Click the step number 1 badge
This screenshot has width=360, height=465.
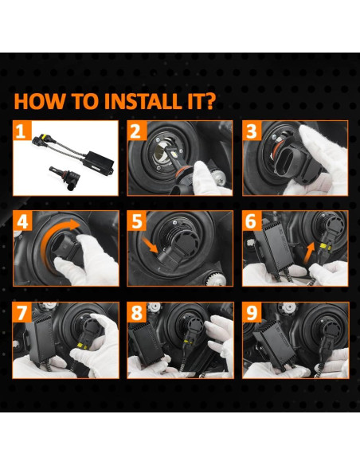pyautogui.click(x=22, y=131)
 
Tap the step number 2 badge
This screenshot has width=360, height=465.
pyautogui.click(x=137, y=131)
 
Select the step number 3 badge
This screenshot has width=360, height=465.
pyautogui.click(x=252, y=131)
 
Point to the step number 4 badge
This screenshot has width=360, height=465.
pyautogui.click(x=22, y=221)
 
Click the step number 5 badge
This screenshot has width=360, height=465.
pyautogui.click(x=137, y=221)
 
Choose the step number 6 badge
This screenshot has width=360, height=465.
pyautogui.click(x=252, y=221)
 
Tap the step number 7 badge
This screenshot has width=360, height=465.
pyautogui.click(x=22, y=312)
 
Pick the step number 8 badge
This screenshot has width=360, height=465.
pyautogui.click(x=137, y=312)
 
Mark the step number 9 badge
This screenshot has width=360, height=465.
pyautogui.click(x=252, y=312)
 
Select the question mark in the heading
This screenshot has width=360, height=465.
pyautogui.click(x=210, y=102)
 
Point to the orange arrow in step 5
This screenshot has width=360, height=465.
pyautogui.click(x=150, y=244)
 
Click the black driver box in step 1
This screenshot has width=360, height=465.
pyautogui.click(x=99, y=162)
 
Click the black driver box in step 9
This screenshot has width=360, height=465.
pyautogui.click(x=273, y=342)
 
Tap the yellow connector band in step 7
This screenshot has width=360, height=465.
pyautogui.click(x=80, y=346)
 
